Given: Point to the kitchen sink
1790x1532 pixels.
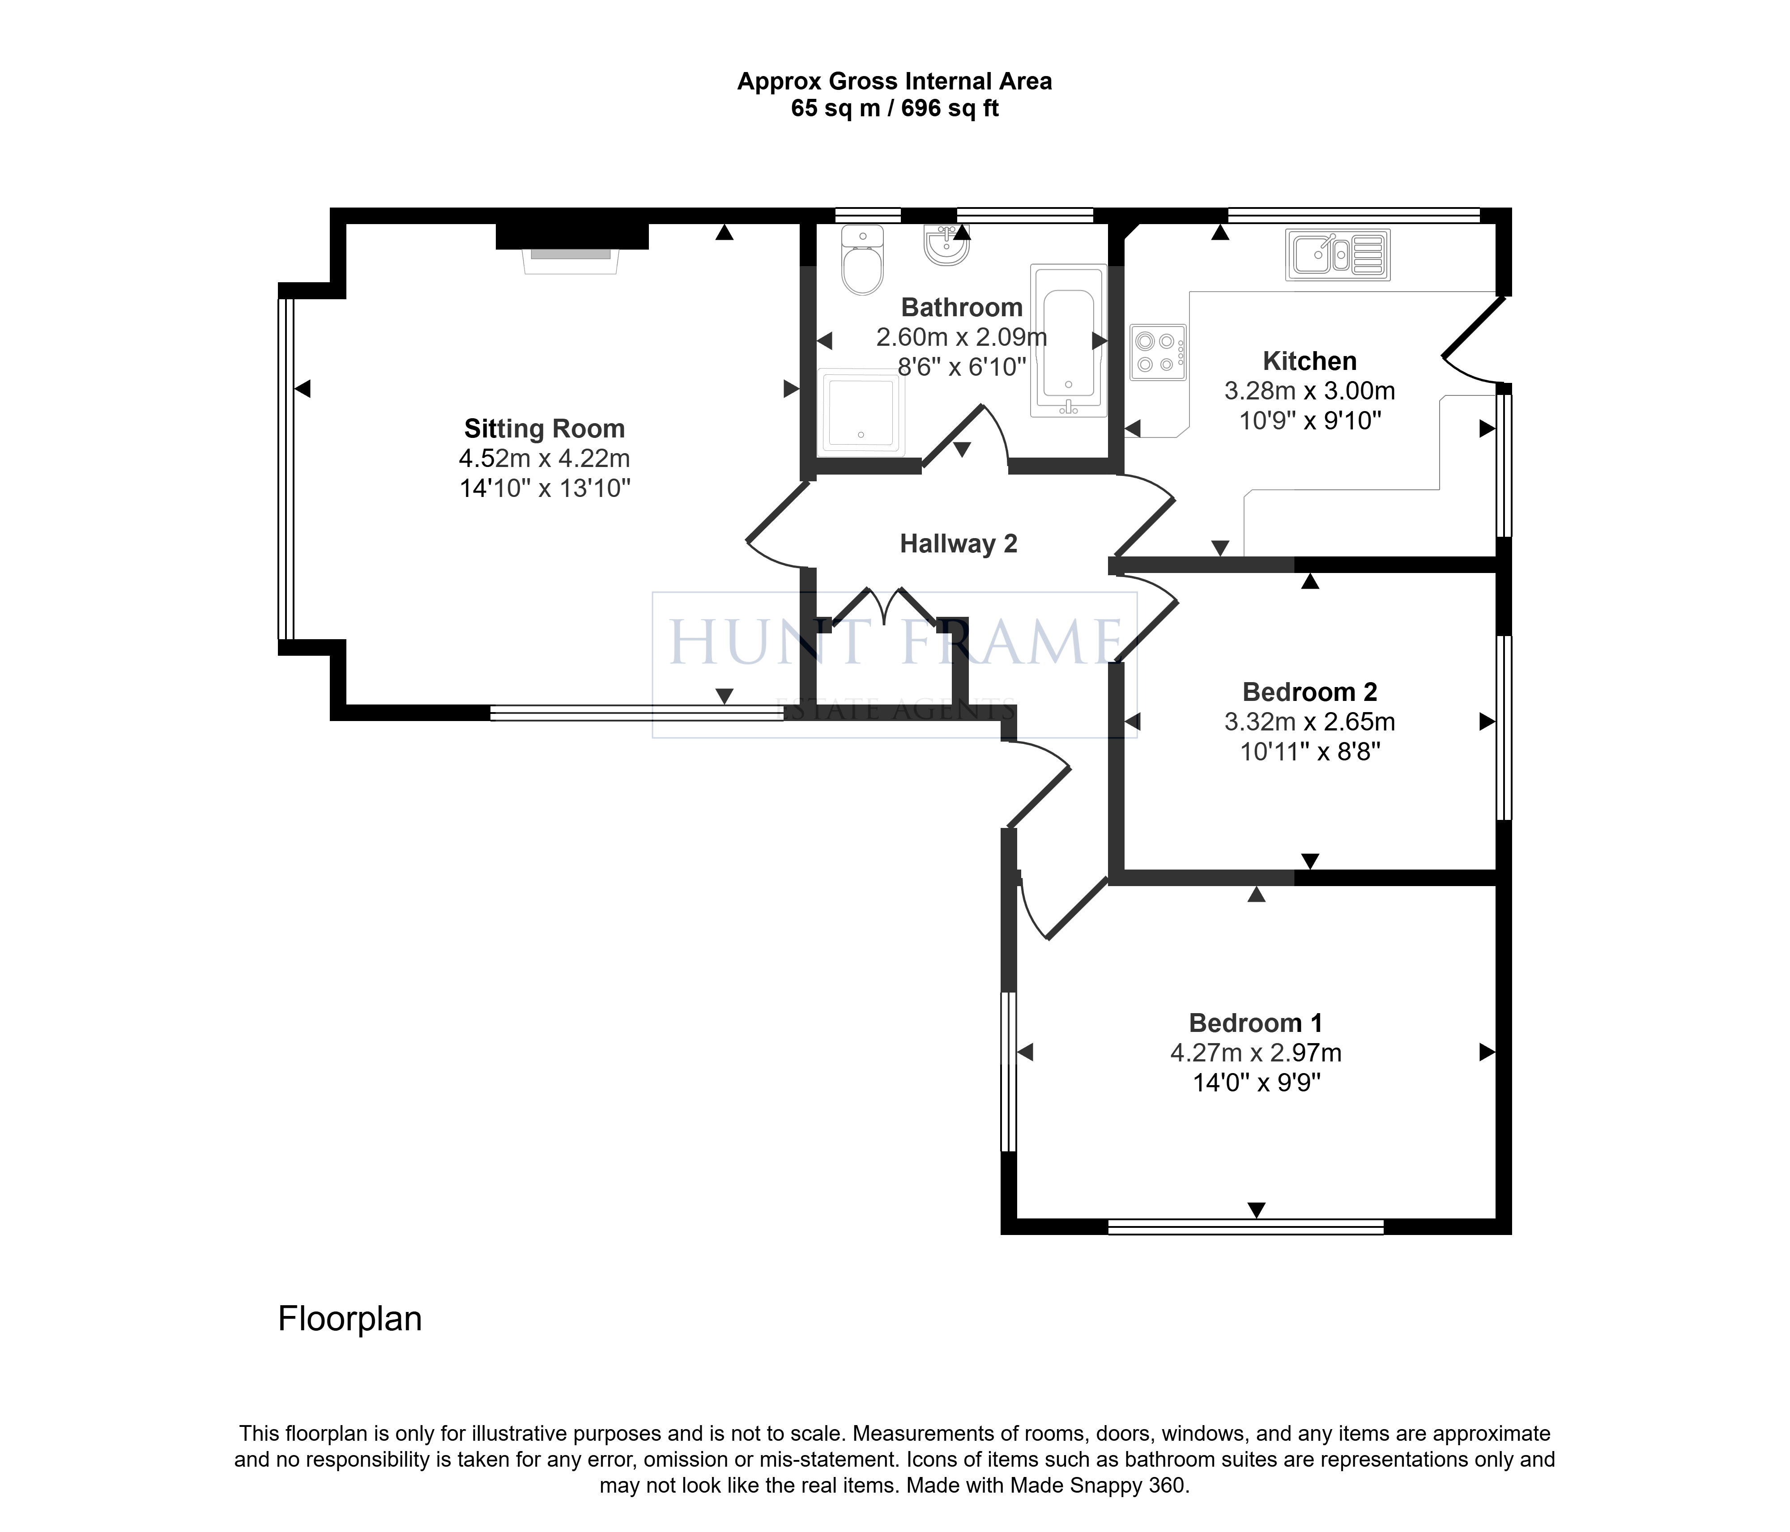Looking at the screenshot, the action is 1337,255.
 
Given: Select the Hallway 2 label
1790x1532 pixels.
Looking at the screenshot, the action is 958,544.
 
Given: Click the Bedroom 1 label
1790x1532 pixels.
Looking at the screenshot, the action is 1255,1023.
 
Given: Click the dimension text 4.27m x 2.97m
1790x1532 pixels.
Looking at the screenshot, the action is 1255,1052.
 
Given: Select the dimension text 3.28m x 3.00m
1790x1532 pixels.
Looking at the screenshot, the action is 1310,391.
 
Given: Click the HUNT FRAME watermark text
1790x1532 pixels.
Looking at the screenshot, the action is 895,642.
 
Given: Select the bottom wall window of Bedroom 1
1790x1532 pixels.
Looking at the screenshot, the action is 1246,1226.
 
